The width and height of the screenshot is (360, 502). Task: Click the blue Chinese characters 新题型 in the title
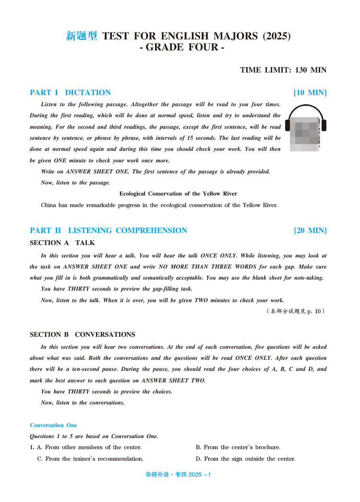82,36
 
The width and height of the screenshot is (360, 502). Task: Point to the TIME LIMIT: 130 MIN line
283,70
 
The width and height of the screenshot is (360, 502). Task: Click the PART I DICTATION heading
70,93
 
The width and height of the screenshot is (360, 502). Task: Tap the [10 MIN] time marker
310,93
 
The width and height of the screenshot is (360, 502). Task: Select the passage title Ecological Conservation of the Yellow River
178,194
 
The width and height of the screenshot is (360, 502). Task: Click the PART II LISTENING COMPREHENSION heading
108,231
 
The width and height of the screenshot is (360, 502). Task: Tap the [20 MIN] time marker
310,231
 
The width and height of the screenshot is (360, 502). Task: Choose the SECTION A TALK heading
62,243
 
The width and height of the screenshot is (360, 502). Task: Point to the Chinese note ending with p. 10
296,311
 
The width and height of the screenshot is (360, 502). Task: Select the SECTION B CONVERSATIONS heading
83,334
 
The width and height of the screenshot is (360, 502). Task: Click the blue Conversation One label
53,425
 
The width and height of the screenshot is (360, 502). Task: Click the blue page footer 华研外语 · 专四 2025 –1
178,475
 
